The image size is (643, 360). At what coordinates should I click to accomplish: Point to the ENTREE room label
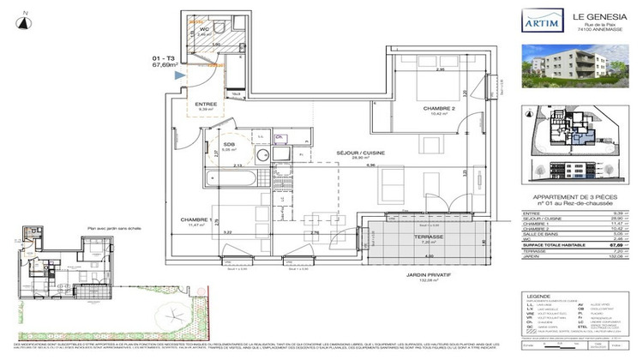click(205, 104)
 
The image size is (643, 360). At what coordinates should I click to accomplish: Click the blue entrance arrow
click(179, 76)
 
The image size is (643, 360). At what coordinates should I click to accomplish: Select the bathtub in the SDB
click(230, 180)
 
